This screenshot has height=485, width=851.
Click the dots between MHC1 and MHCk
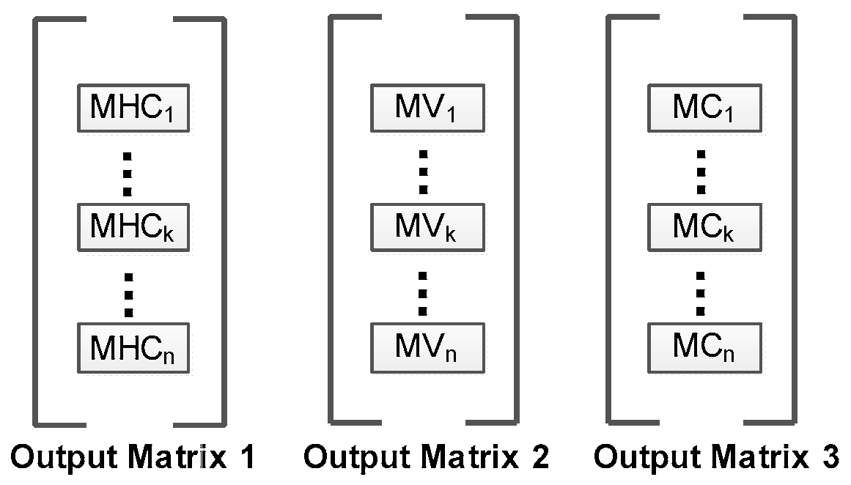128,174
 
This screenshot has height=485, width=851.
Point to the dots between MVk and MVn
424,292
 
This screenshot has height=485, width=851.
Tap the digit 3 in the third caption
829,459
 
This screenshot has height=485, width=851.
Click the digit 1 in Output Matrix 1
247,459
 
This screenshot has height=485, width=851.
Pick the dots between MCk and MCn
701,292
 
